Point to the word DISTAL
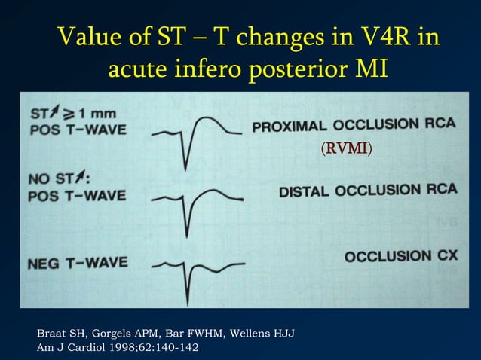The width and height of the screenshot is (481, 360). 305,191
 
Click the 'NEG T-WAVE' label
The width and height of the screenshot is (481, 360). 78,264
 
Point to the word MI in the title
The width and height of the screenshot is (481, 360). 371,70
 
